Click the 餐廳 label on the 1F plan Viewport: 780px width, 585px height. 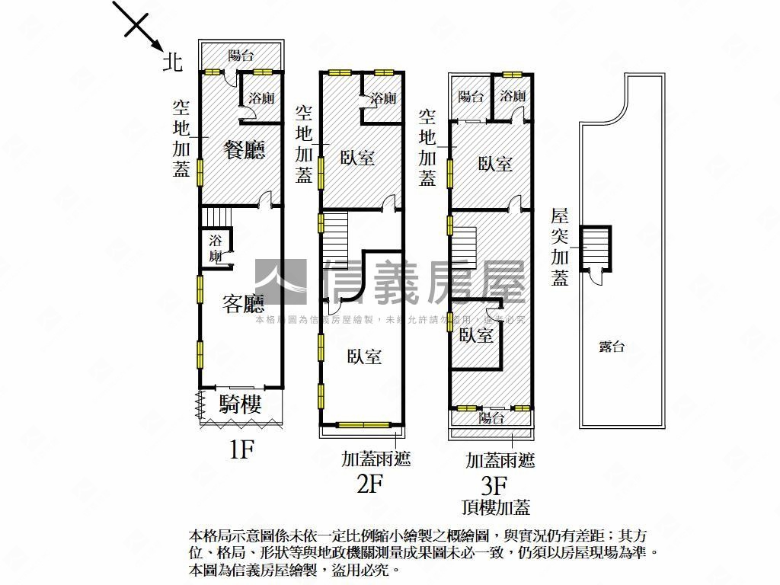[244, 150]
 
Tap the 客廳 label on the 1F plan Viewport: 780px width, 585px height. [243, 305]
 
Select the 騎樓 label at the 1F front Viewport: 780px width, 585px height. [241, 404]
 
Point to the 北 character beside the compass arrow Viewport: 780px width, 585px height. [173, 62]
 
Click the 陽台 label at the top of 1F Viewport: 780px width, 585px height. [241, 55]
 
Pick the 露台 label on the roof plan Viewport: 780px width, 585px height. [612, 347]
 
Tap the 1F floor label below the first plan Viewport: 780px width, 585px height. [241, 451]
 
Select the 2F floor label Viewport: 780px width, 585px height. [369, 484]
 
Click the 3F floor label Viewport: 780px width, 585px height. [494, 484]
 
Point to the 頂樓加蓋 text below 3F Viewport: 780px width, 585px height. [496, 507]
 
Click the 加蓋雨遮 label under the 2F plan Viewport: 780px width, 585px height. [376, 459]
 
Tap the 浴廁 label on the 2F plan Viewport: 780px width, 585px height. [383, 98]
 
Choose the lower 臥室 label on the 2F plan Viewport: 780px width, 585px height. [364, 356]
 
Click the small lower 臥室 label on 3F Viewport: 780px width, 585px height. [476, 335]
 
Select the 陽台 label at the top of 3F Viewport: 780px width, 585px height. [471, 97]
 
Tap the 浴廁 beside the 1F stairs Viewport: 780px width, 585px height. [216, 247]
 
